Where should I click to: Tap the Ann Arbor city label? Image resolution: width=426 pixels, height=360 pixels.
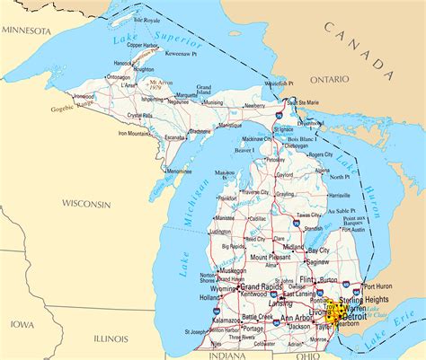[x=297, y=319]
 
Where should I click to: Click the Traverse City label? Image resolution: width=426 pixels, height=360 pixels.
[x=254, y=192]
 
